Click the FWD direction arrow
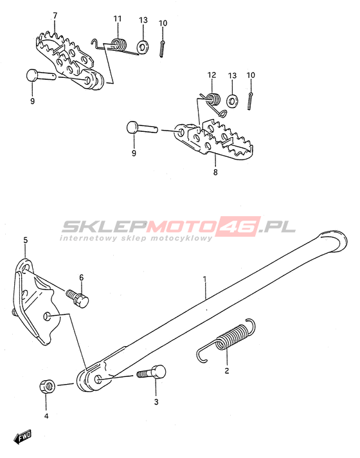pyautogui.click(x=22, y=437)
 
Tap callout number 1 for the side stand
pyautogui.click(x=204, y=279)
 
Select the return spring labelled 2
pyautogui.click(x=226, y=340)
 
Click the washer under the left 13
pyautogui.click(x=143, y=47)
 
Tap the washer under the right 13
pyautogui.click(x=233, y=100)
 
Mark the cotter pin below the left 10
pyautogui.click(x=163, y=49)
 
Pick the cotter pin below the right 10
pyautogui.click(x=249, y=101)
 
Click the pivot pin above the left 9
pyautogui.click(x=41, y=76)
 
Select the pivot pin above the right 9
pyautogui.click(x=142, y=127)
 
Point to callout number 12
pyautogui.click(x=212, y=75)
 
